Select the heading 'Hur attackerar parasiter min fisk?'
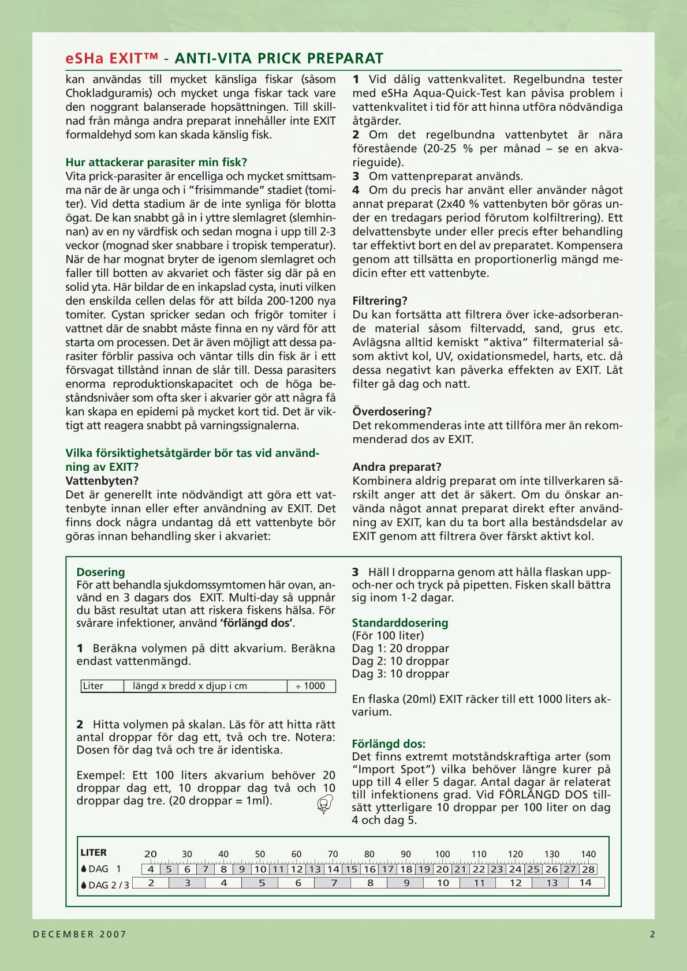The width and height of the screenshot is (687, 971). (156, 162)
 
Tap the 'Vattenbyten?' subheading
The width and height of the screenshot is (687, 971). (102, 481)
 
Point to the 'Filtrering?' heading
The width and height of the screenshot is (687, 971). (380, 301)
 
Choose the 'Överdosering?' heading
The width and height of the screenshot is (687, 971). (392, 411)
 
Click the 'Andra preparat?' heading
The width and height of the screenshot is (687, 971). (397, 467)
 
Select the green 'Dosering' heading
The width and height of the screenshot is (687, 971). (100, 572)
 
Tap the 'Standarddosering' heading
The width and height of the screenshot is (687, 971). (399, 623)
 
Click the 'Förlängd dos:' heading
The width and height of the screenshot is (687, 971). (389, 744)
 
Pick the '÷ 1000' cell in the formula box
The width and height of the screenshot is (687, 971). (311, 686)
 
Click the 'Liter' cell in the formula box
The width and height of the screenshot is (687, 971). (94, 686)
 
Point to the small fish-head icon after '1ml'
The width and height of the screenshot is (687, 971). (325, 803)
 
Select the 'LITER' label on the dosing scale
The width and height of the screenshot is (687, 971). (94, 852)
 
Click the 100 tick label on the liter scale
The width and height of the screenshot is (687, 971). (442, 854)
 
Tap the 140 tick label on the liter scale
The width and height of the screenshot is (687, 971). (588, 854)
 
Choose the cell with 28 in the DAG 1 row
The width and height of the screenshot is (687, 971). (588, 869)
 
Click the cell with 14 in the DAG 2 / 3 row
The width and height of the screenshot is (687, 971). (585, 883)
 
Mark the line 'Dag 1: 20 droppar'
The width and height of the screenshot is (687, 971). (400, 648)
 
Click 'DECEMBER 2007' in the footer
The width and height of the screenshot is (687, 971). (80, 934)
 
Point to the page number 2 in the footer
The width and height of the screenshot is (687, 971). (652, 934)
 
